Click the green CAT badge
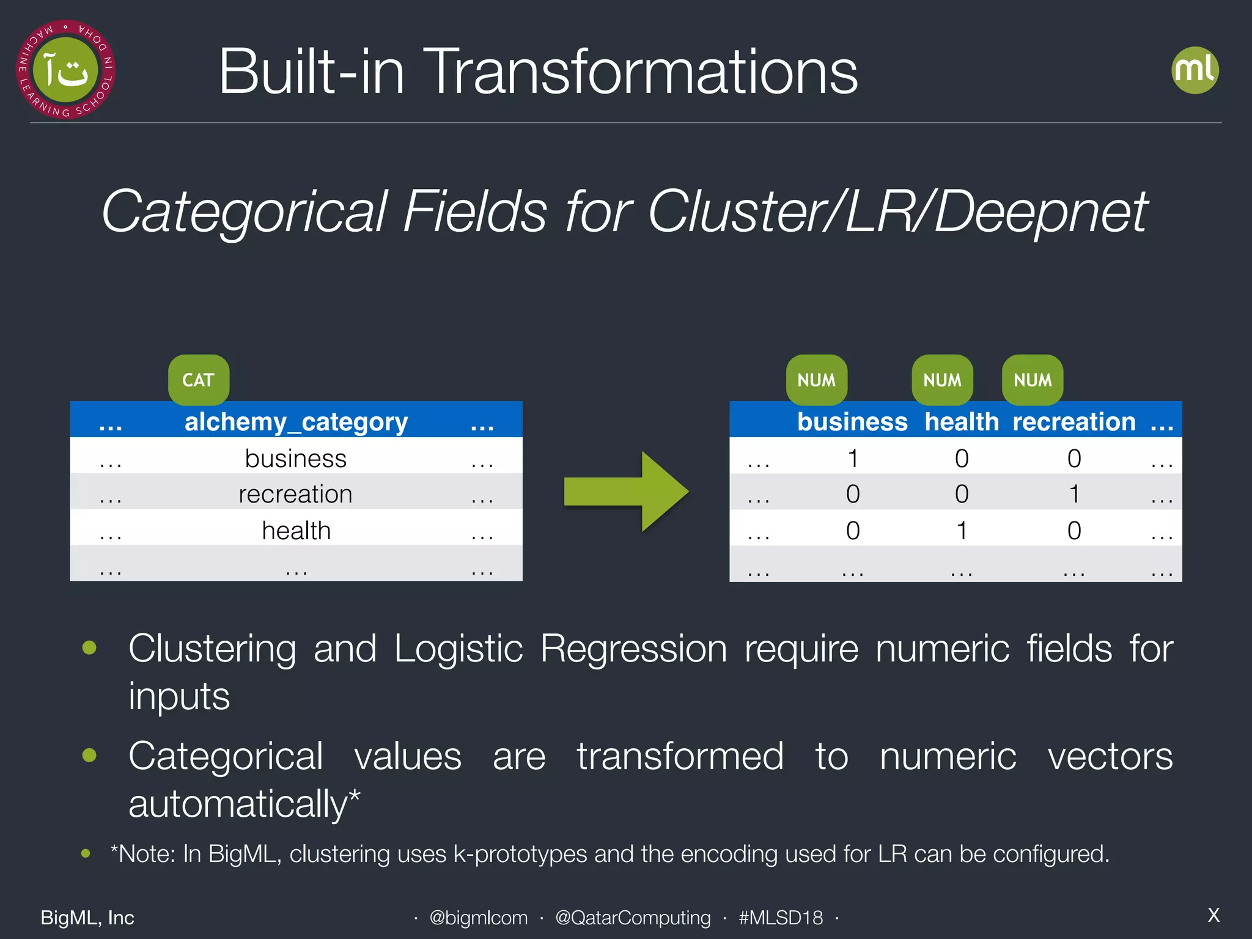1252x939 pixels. coord(199,380)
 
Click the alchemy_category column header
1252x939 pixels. coord(296,422)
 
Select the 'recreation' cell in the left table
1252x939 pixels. coord(295,494)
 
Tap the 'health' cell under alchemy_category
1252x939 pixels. coord(296,530)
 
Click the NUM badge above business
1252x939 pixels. coord(816,380)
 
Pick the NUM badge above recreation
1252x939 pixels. coord(1033,380)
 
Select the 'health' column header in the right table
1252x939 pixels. coord(961,422)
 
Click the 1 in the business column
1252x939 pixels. coord(853,458)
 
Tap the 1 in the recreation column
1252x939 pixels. coord(1074,494)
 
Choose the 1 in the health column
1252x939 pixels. coord(962,530)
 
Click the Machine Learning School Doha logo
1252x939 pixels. coord(65,70)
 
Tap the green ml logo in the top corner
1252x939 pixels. coord(1195,70)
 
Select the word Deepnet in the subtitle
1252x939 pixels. coord(1040,212)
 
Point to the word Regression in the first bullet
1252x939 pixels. coord(633,649)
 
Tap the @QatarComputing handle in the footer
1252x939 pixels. coord(633,917)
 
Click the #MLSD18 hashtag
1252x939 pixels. coord(780,917)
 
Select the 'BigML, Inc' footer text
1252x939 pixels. coord(87,917)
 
